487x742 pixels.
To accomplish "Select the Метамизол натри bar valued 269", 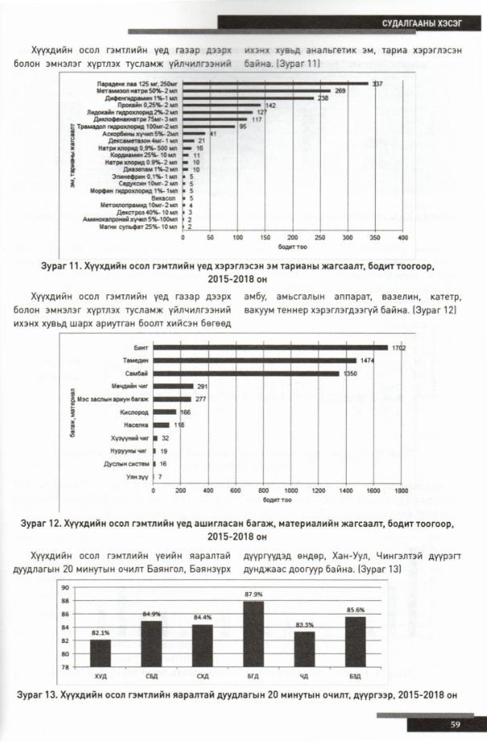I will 257,90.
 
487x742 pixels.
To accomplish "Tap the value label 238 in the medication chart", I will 323,98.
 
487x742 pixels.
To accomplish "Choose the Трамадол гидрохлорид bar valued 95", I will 209,127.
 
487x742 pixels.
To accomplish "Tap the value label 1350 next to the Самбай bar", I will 350,374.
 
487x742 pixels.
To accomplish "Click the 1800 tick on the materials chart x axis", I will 399,490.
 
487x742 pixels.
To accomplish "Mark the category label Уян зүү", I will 135,477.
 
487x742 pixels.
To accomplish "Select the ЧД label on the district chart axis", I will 304,675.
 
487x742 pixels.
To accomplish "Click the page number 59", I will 455,723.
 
